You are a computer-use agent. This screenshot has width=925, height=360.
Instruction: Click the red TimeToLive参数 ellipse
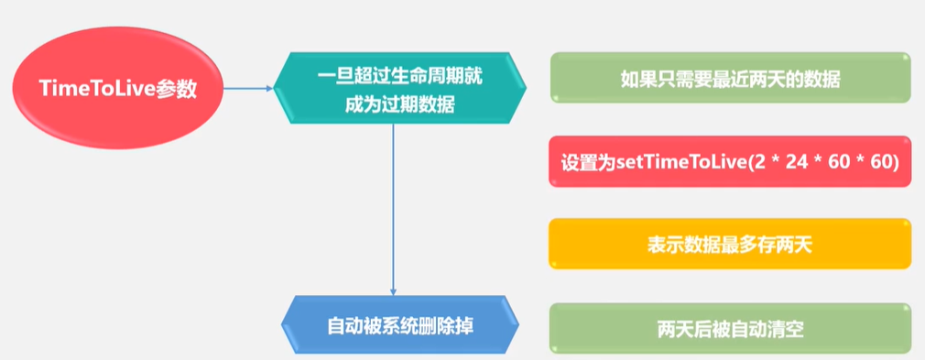pyautogui.click(x=117, y=89)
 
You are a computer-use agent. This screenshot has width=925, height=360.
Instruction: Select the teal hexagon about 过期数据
pyautogui.click(x=401, y=91)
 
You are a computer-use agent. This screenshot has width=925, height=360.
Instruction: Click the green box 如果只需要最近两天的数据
pyautogui.click(x=730, y=79)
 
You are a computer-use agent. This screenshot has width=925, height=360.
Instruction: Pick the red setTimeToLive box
pyautogui.click(x=730, y=161)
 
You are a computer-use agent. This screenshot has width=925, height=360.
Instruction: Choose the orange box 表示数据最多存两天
pyautogui.click(x=730, y=244)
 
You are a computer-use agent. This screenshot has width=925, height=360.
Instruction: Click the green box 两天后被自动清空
pyautogui.click(x=730, y=327)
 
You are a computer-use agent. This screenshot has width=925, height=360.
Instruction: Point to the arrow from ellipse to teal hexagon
pyautogui.click(x=247, y=89)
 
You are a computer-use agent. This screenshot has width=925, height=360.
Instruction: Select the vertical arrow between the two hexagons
pyautogui.click(x=393, y=211)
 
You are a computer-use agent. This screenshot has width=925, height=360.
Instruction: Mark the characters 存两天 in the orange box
pyautogui.click(x=790, y=245)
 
